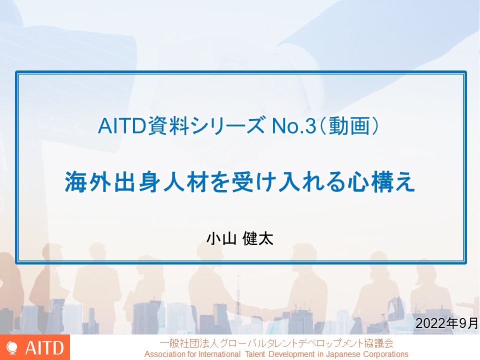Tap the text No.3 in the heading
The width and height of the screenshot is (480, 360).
(294, 126)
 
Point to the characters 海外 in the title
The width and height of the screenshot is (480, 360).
(88, 182)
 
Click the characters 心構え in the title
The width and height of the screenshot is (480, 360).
(381, 182)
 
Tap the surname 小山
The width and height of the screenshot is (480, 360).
(221, 238)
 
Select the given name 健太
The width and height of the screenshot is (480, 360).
(258, 238)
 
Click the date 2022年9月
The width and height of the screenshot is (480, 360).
(446, 323)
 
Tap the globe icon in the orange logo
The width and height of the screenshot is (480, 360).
(12, 348)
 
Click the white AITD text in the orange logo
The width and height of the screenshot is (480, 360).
(44, 348)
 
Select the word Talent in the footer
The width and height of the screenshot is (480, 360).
(255, 354)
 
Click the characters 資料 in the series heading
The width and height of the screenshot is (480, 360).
(168, 125)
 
